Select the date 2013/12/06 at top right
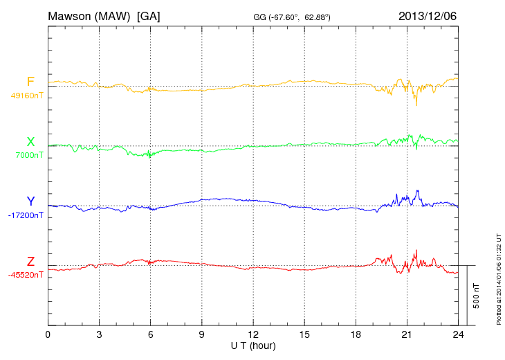(428, 15)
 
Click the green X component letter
(30, 142)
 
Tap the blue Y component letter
(30, 201)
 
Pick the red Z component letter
(30, 262)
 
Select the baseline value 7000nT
(29, 155)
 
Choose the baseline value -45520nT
(26, 275)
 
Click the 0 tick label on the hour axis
(48, 335)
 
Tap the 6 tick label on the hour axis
(150, 335)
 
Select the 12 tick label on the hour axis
(253, 335)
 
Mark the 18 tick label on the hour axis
(356, 335)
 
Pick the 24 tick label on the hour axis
(458, 335)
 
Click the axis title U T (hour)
(253, 345)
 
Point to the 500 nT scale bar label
(476, 295)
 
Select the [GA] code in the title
(149, 15)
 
